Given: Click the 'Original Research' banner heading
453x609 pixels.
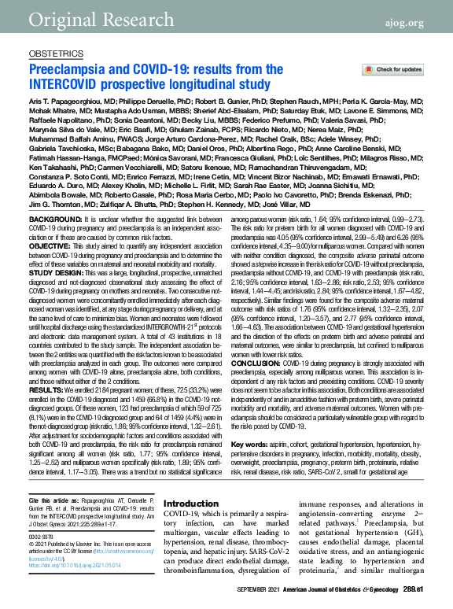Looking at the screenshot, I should (x=93, y=17).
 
